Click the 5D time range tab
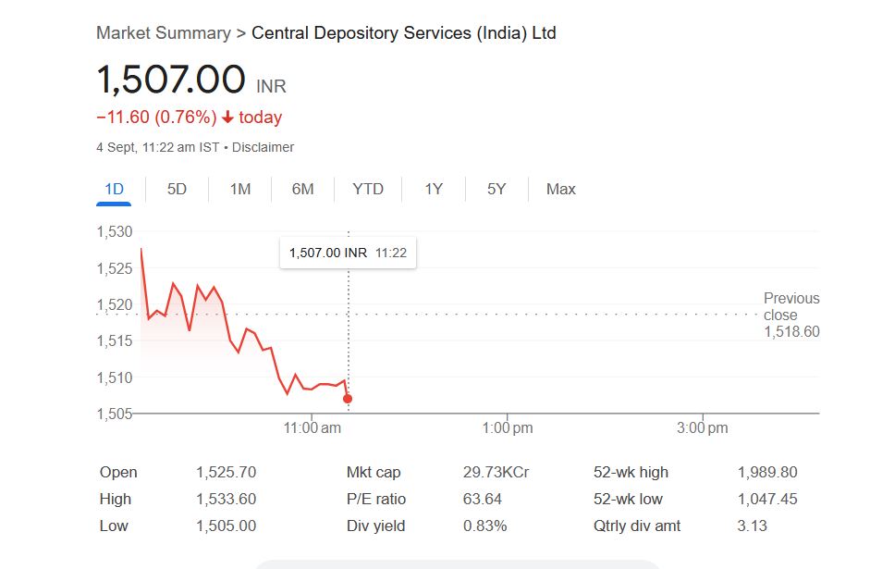(177, 189)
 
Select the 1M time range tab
(240, 189)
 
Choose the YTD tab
(368, 189)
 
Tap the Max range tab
(561, 189)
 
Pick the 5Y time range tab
(496, 189)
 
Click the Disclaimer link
(263, 147)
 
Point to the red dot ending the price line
(348, 399)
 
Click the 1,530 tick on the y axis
(115, 231)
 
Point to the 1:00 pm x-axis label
(508, 427)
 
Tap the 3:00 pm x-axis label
(703, 427)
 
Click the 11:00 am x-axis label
(312, 427)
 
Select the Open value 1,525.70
(226, 472)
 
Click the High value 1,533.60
(226, 499)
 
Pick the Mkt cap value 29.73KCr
(496, 472)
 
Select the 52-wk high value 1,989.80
(766, 472)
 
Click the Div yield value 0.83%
(484, 526)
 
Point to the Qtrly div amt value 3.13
(752, 526)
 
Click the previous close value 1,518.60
(791, 331)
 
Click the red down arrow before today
(227, 118)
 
